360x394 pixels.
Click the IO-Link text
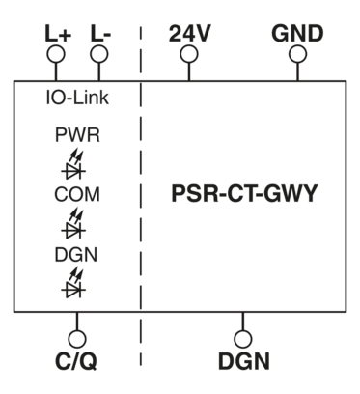[76, 99]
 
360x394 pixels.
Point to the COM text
[76, 194]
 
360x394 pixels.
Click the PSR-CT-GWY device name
[244, 192]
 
